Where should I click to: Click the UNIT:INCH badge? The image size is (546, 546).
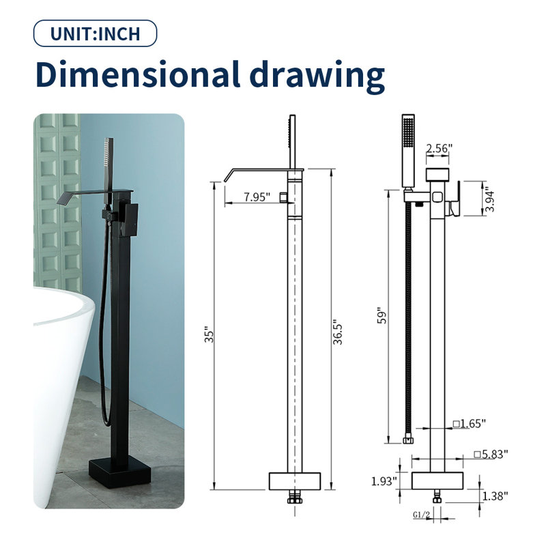95,33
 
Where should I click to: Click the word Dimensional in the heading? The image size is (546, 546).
138,74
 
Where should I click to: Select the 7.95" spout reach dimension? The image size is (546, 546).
257,197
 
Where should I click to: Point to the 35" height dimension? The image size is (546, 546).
209,334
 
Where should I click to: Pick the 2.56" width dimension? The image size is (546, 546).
439,148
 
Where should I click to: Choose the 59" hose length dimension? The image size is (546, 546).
382,315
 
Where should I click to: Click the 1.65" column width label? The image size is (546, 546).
470,424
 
